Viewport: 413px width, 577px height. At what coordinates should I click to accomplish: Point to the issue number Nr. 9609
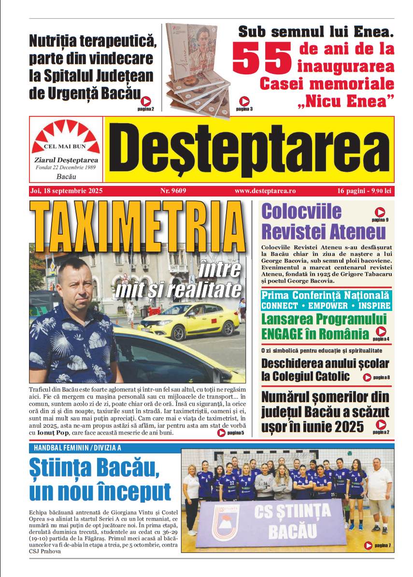[x=173, y=191]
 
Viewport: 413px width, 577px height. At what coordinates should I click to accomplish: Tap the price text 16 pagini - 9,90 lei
[x=364, y=191]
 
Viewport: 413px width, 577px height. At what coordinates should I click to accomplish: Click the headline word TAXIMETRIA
[x=137, y=226]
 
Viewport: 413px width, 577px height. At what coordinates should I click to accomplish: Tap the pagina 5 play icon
[x=221, y=433]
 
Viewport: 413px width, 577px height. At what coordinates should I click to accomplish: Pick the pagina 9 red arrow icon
[x=380, y=212]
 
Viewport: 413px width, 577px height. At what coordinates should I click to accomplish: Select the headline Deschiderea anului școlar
[x=325, y=364]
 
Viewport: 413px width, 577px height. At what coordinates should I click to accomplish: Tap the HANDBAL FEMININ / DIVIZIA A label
[x=77, y=448]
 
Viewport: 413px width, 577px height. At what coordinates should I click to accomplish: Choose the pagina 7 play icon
[x=368, y=546]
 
